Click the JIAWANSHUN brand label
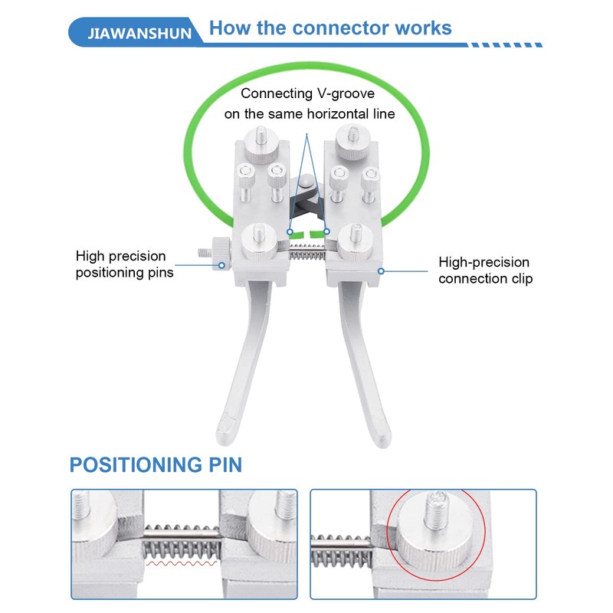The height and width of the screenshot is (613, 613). (x=139, y=34)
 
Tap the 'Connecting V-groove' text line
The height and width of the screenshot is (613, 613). (x=309, y=93)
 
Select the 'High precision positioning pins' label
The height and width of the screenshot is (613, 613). (x=125, y=264)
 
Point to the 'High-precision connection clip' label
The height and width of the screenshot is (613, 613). (x=484, y=270)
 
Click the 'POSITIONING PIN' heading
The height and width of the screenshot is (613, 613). (x=156, y=464)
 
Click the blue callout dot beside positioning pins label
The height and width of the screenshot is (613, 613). (x=222, y=265)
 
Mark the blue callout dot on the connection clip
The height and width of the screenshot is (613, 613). (x=380, y=270)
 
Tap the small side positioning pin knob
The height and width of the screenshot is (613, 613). (x=213, y=250)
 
